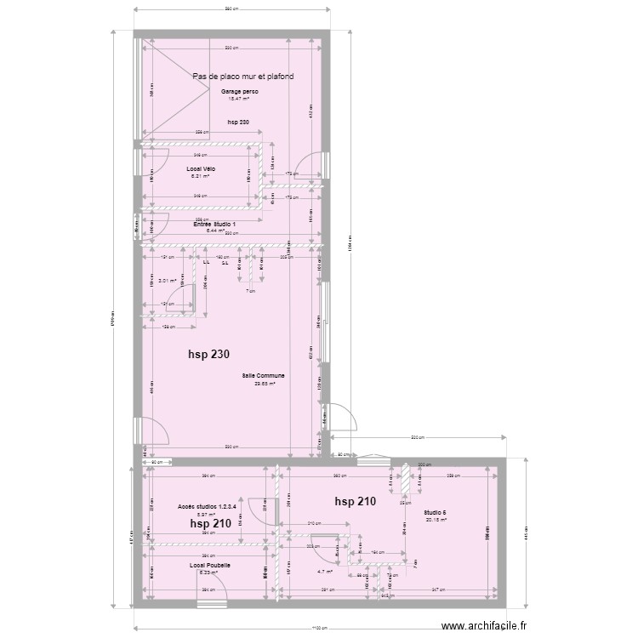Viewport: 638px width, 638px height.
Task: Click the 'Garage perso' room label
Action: point(239,91)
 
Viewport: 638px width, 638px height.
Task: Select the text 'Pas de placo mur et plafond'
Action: point(243,77)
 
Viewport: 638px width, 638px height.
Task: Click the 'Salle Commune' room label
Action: point(262,375)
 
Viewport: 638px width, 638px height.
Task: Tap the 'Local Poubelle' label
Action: point(209,565)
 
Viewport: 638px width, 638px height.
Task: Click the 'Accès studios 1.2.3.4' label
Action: point(206,506)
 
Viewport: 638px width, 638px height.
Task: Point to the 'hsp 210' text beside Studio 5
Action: point(355,501)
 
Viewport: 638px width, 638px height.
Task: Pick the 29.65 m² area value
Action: point(262,383)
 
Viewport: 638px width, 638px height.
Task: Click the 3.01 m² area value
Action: point(167,281)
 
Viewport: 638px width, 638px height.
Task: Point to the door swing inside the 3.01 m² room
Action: point(179,298)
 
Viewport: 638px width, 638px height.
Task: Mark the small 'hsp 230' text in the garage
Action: point(238,122)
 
